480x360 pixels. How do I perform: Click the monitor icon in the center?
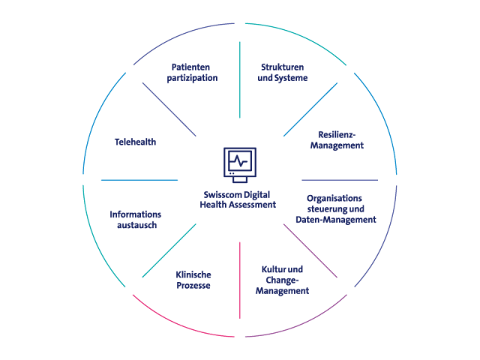coord(239,163)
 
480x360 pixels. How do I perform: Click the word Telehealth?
coord(135,142)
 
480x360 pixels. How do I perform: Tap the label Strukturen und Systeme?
coord(283,72)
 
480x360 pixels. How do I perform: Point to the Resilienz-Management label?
coord(336,140)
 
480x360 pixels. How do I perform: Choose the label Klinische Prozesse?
coord(193,280)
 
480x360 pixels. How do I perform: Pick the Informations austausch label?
coord(135,220)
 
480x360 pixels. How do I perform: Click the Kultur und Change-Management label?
coord(282,280)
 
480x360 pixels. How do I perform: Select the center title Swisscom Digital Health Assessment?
coord(239,199)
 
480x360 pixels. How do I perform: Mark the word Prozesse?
coord(193,286)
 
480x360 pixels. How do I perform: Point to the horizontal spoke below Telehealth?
coord(139,180)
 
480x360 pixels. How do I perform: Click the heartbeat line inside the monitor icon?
coord(239,160)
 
